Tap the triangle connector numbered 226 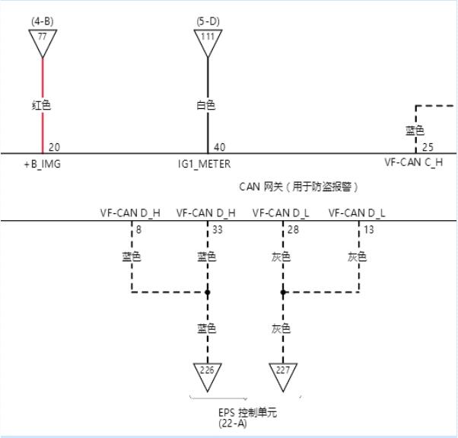[x=207, y=373]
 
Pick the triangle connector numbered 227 [x=283, y=373]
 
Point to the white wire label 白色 [x=205, y=105]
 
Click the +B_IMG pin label [x=42, y=163]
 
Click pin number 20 [x=54, y=146]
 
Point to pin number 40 [x=219, y=146]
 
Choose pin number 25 [x=428, y=146]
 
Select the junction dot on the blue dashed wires [x=207, y=292]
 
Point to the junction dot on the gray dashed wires [x=283, y=292]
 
